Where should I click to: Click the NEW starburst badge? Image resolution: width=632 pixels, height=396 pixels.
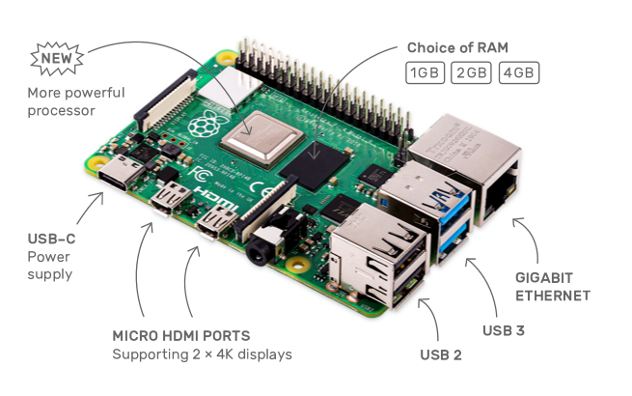(x=57, y=59)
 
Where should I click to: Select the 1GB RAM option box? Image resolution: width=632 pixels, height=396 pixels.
(x=425, y=72)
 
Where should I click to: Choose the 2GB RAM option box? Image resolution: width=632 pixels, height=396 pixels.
(x=471, y=72)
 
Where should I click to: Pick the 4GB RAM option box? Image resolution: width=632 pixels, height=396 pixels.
(x=519, y=72)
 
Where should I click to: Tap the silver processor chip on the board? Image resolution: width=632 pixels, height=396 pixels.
(x=262, y=138)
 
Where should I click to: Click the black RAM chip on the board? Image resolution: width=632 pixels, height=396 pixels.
(x=315, y=166)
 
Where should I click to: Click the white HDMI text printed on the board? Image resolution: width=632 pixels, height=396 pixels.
(x=215, y=199)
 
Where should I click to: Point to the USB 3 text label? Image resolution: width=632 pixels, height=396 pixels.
(x=504, y=330)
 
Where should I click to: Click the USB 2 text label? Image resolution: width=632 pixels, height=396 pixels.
(x=441, y=354)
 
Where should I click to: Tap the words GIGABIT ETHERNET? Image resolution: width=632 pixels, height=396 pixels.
(x=553, y=287)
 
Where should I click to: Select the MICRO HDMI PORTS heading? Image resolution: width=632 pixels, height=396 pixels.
(x=181, y=336)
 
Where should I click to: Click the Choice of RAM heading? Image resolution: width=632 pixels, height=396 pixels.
(x=457, y=47)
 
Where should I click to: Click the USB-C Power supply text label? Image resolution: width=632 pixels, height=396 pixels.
(x=51, y=257)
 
